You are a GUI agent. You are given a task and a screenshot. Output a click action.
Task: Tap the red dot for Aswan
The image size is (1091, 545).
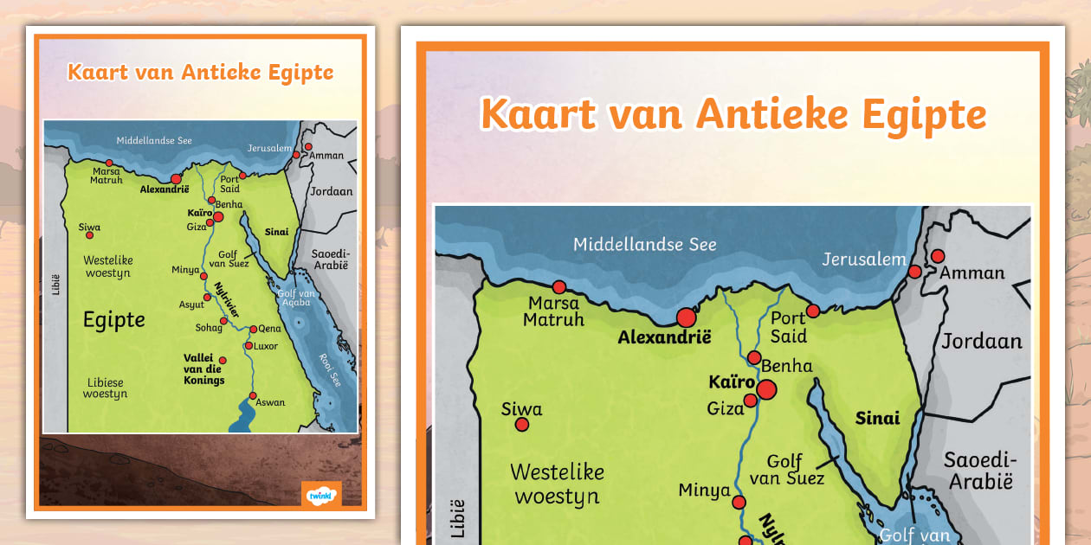253,396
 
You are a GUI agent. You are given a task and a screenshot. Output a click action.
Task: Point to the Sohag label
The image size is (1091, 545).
208,328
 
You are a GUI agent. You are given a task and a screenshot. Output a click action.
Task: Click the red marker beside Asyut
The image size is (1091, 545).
207,298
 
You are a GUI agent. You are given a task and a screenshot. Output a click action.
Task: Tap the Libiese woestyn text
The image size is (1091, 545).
105,388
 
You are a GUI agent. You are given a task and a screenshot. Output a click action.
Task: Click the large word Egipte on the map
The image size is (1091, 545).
113,321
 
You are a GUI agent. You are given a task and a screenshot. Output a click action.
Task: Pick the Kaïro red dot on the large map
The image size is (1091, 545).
765,390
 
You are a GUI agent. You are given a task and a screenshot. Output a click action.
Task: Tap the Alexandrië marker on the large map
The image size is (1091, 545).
687,317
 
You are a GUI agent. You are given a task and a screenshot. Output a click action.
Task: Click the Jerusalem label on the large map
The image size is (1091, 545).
864,260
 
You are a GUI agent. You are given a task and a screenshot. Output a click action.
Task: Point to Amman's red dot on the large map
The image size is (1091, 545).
937,256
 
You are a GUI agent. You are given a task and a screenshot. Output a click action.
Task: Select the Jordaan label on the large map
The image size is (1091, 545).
982,341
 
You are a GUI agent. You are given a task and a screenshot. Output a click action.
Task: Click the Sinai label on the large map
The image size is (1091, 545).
877,419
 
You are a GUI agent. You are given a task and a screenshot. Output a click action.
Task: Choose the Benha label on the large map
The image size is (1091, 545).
786,366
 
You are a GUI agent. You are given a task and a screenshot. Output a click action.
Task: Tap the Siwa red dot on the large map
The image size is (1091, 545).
522,425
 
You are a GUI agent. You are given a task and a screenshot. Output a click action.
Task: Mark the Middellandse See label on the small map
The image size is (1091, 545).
154,140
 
